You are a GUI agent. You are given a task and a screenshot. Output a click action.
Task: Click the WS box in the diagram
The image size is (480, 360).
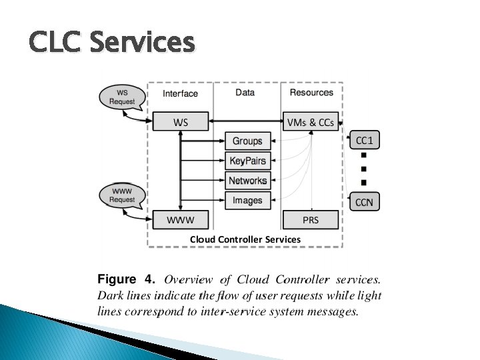(181, 122)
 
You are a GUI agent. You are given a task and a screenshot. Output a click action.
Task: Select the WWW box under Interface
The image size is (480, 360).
(181, 219)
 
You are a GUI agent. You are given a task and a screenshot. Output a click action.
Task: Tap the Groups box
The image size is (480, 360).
(247, 141)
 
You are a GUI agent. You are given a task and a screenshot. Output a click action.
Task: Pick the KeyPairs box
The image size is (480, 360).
(247, 161)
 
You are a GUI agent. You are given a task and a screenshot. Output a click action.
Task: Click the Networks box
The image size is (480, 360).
(247, 181)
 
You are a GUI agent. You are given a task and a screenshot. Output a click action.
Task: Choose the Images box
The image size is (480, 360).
(247, 200)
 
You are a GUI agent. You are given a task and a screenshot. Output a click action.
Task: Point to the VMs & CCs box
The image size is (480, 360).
(311, 122)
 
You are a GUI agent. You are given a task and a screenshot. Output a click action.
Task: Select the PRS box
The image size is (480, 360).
(311, 219)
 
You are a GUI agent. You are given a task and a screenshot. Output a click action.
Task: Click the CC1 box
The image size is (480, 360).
(364, 140)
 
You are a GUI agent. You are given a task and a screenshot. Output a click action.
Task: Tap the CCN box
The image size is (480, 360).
(364, 202)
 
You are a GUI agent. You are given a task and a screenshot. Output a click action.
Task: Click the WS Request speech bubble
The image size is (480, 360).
(121, 97)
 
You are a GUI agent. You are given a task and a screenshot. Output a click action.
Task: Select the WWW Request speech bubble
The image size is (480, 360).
(121, 195)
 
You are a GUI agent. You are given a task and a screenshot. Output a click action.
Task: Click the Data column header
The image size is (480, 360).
(245, 93)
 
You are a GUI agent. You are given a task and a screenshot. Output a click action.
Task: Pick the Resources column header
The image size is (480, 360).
(311, 93)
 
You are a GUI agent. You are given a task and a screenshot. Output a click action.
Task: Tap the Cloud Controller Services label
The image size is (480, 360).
(245, 239)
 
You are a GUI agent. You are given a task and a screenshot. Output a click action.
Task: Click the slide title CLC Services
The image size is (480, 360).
(112, 43)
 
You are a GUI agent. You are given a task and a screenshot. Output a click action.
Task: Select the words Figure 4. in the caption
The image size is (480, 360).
(127, 279)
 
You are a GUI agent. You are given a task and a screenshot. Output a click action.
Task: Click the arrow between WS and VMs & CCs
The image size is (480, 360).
(245, 122)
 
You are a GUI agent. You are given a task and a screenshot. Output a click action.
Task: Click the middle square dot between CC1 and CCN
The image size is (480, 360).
(364, 169)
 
